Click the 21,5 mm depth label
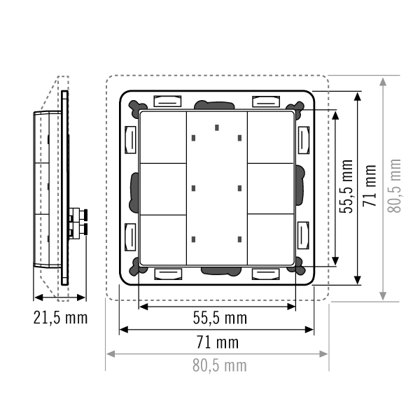[x=60, y=318]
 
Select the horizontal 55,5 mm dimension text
[x=220, y=318]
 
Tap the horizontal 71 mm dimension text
[x=218, y=342]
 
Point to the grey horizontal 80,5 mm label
[x=220, y=365]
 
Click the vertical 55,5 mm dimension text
[x=346, y=186]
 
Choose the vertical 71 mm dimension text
[x=370, y=185]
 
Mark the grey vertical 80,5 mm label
[x=394, y=186]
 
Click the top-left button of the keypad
[x=163, y=137]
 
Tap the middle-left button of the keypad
[x=163, y=189]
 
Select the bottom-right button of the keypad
[x=271, y=239]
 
